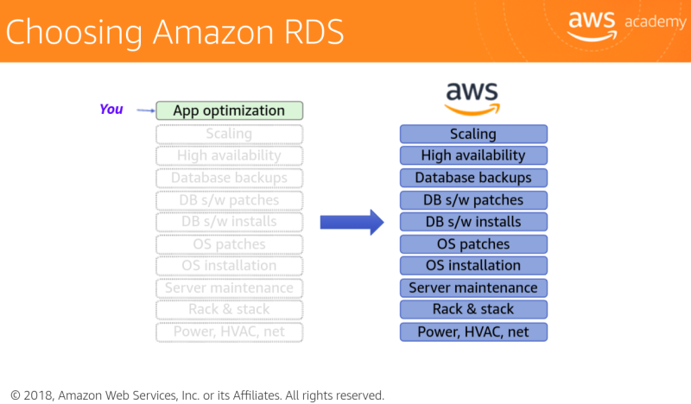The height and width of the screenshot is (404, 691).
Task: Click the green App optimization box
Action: [229, 110]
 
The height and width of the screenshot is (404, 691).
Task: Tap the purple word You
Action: [111, 109]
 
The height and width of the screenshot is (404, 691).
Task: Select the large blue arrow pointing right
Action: [352, 222]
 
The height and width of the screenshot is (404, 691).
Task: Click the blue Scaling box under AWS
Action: [473, 134]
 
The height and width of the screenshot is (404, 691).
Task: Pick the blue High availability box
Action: [473, 155]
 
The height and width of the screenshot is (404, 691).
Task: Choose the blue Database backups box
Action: [473, 178]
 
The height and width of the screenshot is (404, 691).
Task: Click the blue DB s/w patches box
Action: [473, 199]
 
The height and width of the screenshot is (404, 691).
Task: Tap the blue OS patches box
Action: [473, 243]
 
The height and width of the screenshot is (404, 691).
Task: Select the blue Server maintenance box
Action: [473, 287]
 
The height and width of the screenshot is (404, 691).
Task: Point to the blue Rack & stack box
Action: [473, 309]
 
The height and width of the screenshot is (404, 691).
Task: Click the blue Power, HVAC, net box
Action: [473, 331]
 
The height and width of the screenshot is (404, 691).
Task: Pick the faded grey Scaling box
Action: [229, 134]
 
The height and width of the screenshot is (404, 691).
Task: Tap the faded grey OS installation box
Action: [229, 265]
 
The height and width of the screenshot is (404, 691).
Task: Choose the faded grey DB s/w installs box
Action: [229, 222]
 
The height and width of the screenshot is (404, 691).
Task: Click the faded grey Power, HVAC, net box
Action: [229, 331]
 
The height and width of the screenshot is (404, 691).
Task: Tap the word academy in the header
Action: [654, 22]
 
